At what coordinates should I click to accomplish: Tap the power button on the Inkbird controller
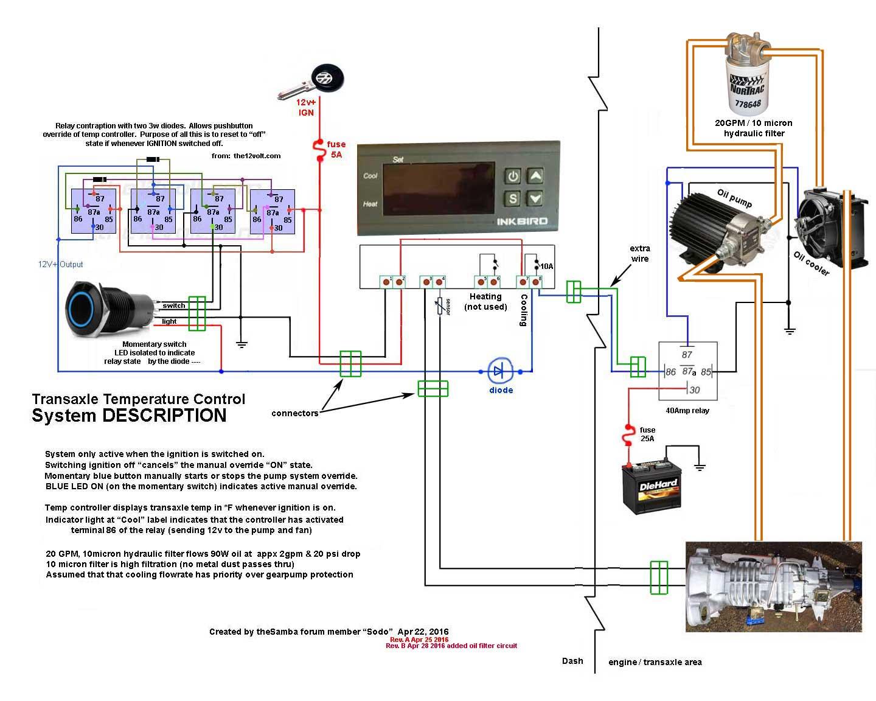point(512,176)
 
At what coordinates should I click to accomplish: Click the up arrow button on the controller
point(535,176)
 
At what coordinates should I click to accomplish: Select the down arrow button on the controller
point(535,198)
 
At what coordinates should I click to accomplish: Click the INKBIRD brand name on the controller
point(523,221)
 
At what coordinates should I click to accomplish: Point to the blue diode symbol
point(500,371)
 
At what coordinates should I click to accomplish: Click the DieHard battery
point(652,488)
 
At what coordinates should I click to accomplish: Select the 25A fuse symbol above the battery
point(629,435)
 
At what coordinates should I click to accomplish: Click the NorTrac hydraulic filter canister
point(748,75)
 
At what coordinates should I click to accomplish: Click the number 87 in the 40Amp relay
point(687,354)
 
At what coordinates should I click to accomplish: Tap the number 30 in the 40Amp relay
point(695,390)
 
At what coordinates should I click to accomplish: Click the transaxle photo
point(773,587)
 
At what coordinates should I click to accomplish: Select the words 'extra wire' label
point(640,253)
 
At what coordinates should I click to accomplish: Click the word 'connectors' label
point(294,413)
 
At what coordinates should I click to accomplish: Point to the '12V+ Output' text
point(60,264)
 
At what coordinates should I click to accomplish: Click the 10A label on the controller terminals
point(547,267)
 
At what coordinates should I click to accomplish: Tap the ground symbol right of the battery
point(700,467)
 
